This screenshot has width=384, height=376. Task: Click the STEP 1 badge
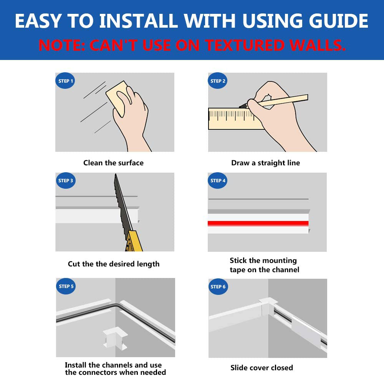[65, 81]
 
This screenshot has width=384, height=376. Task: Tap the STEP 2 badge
[217, 81]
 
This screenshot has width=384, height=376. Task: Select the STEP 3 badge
[65, 180]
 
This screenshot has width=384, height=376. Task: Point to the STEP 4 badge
[217, 180]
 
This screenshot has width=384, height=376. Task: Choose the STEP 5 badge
[66, 286]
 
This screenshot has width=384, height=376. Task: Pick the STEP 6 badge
[218, 286]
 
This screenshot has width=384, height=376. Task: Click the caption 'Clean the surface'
[113, 163]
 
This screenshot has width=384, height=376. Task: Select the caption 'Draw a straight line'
[265, 163]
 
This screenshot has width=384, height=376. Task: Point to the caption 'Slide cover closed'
[262, 368]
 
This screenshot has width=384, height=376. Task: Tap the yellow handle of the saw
[134, 241]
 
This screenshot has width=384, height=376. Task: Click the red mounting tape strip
[258, 223]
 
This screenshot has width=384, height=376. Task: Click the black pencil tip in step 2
[243, 106]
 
